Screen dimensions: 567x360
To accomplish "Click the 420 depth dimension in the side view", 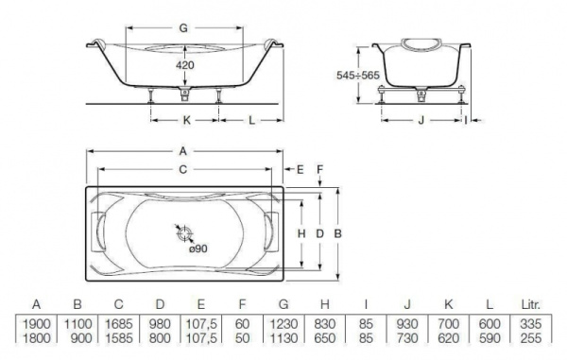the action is click(x=185, y=65).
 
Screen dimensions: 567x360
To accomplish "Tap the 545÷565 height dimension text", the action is click(x=358, y=76).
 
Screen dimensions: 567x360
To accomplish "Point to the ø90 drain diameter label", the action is click(x=198, y=249).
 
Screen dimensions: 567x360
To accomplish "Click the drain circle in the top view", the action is click(x=185, y=233).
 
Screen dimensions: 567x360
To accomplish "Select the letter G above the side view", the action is click(x=183, y=27).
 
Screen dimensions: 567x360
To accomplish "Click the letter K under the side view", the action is click(x=186, y=120).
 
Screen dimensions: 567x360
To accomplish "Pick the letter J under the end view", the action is click(x=421, y=120).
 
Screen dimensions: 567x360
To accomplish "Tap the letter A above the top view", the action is click(x=183, y=151).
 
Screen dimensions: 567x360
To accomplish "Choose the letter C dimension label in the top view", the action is click(x=183, y=169).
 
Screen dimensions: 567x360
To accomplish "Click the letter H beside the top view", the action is click(x=301, y=233).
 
